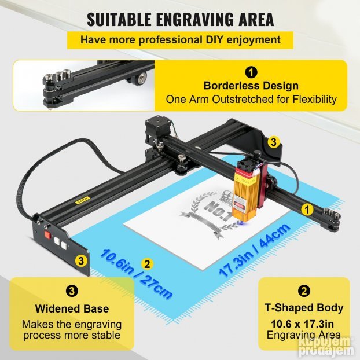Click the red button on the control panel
click(48, 235)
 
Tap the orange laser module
click(245, 193)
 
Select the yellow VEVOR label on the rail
click(83, 200)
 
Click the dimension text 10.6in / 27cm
click(136, 274)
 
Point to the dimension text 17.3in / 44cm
click(254, 250)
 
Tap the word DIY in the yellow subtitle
click(214, 39)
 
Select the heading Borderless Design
click(251, 86)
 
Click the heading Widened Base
click(72, 308)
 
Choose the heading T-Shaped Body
click(304, 308)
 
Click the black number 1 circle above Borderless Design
click(251, 72)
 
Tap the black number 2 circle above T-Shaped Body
click(304, 291)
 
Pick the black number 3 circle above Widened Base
click(72, 291)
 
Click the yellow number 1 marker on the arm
click(307, 210)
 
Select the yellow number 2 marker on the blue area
click(147, 264)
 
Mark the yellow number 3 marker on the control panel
click(81, 260)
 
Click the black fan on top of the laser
click(244, 163)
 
